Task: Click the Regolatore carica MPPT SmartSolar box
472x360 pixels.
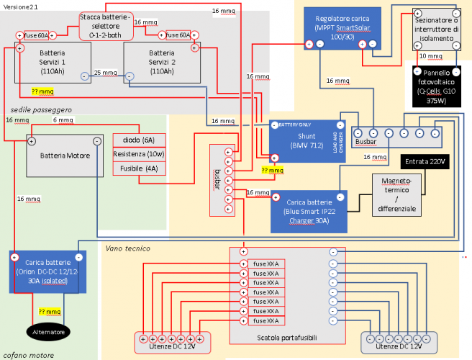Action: tap(342, 27)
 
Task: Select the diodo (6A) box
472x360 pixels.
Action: tap(139, 140)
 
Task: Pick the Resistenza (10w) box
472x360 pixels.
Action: tap(139, 154)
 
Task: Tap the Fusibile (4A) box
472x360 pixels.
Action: tap(139, 168)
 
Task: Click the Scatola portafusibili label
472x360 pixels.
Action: tap(287, 337)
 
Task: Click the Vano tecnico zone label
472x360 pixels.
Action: tap(128, 248)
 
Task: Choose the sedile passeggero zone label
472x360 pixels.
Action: tap(41, 109)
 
